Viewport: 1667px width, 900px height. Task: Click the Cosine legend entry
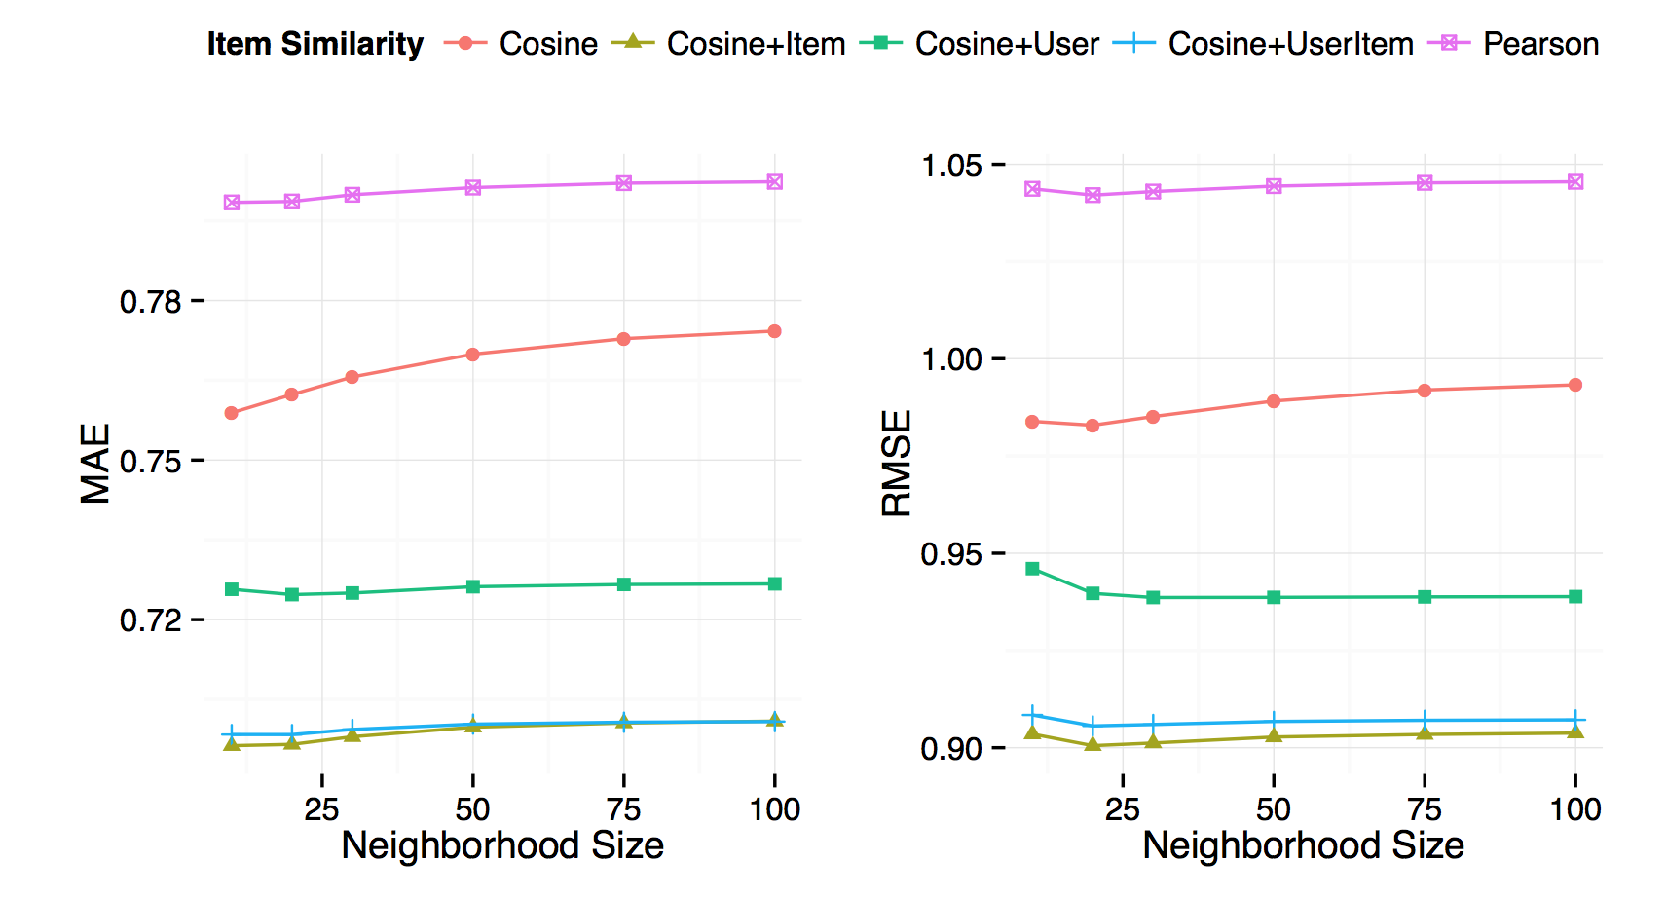point(548,44)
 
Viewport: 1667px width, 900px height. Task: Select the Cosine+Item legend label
point(756,44)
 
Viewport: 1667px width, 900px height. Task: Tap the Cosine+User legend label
point(1006,44)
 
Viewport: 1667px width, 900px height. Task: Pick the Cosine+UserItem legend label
point(1290,44)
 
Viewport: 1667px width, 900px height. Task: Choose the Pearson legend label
point(1540,44)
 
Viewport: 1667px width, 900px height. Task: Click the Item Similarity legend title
point(315,44)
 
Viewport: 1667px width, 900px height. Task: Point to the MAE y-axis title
point(95,463)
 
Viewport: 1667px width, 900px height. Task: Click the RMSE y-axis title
point(896,463)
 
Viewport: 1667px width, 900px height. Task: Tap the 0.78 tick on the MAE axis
point(151,302)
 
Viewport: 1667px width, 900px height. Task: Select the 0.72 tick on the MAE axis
point(151,620)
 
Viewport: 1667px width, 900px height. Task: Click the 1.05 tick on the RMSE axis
point(951,166)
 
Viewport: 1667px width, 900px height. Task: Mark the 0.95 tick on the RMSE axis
point(951,554)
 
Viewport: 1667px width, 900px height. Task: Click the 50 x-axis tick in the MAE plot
point(473,808)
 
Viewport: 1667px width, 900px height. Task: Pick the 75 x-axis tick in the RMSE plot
point(1425,808)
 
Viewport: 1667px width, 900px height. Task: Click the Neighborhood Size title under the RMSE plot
point(1303,845)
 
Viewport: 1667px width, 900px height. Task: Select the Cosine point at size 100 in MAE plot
point(774,331)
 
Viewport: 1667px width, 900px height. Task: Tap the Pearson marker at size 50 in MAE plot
point(473,187)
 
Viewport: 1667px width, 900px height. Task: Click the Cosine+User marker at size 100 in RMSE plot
point(1575,596)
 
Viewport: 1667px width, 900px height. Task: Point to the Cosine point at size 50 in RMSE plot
point(1274,401)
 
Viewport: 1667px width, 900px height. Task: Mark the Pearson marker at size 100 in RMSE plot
point(1575,182)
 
